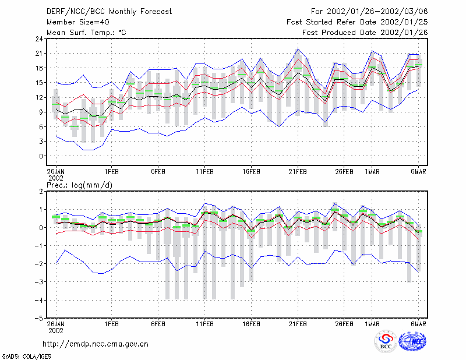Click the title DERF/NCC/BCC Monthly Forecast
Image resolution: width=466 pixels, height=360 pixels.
(x=109, y=12)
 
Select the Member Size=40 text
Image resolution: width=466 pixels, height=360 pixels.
(x=78, y=22)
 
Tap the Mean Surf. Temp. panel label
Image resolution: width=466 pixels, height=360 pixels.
(x=86, y=33)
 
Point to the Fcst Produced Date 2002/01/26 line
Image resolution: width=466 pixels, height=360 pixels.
(x=365, y=33)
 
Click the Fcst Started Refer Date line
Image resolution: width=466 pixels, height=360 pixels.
(x=357, y=22)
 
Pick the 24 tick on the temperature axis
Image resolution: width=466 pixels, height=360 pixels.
(x=40, y=39)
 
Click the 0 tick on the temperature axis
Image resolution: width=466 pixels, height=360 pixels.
(x=41, y=156)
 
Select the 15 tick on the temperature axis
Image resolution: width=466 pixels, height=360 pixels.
(x=40, y=83)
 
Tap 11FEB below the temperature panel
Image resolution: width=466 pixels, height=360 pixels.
(x=204, y=172)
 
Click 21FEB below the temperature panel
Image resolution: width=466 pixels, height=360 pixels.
(x=298, y=172)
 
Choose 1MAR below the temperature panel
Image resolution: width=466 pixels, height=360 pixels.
(x=372, y=172)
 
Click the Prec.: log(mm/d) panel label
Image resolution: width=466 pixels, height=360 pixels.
(x=80, y=185)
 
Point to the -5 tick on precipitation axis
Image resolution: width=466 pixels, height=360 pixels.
(x=38, y=318)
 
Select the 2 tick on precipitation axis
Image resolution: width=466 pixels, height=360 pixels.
(x=41, y=192)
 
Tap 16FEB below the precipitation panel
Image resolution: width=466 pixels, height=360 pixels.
(x=251, y=324)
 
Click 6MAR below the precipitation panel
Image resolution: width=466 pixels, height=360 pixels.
(x=418, y=324)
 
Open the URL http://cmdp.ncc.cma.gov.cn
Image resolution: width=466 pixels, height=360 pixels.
(x=96, y=344)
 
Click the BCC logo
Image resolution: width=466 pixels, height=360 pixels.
(x=386, y=342)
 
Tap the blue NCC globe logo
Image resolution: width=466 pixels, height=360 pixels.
(x=412, y=341)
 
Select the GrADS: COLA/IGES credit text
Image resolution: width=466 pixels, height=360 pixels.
(x=26, y=357)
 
